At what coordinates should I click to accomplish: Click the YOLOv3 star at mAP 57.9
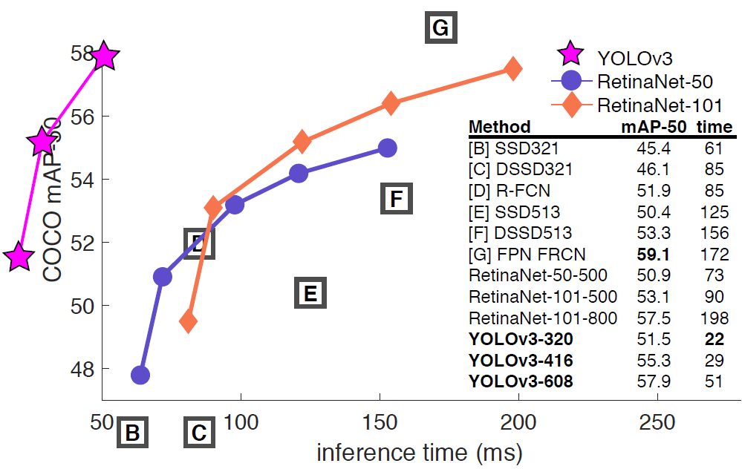pyautogui.click(x=105, y=56)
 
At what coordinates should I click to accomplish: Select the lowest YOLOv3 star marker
pyautogui.click(x=19, y=257)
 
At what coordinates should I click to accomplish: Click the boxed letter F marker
pyautogui.click(x=396, y=198)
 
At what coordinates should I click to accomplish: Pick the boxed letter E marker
pyautogui.click(x=310, y=294)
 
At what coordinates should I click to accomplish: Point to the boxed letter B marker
pyautogui.click(x=132, y=433)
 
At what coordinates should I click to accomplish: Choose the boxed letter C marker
pyautogui.click(x=198, y=433)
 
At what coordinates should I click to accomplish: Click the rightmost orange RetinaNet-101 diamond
pyautogui.click(x=512, y=68)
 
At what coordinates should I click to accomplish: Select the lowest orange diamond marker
pyautogui.click(x=189, y=321)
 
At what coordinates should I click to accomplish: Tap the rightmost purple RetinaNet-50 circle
pyautogui.click(x=387, y=148)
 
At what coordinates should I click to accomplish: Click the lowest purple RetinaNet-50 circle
pyautogui.click(x=140, y=375)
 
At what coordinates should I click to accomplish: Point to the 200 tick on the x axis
pyautogui.click(x=518, y=422)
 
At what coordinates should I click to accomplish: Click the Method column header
pyautogui.click(x=500, y=126)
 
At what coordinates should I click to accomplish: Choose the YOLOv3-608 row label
pyautogui.click(x=521, y=383)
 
